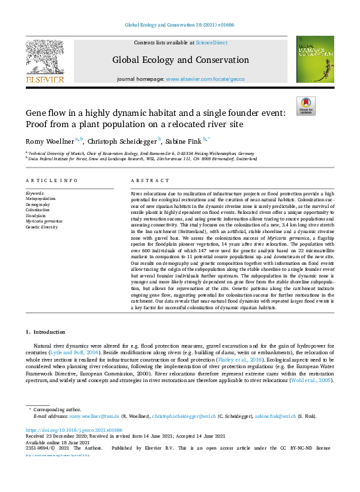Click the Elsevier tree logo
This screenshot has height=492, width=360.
pos(44,58)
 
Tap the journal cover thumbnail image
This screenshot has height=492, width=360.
pos(314,60)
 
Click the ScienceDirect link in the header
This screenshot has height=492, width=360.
pos(212,42)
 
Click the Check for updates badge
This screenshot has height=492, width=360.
pos(306,105)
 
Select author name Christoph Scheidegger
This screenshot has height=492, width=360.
pos(121,140)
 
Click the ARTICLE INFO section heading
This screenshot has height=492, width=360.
pos(50,181)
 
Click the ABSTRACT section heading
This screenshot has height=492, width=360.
pos(146,181)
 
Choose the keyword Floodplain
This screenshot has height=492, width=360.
pos(36,215)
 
